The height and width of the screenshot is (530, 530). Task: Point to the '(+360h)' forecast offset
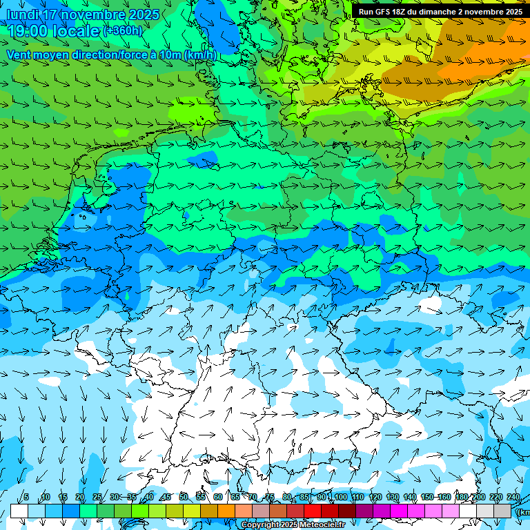coord(123,31)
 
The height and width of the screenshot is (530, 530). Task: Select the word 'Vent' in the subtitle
coord(21,55)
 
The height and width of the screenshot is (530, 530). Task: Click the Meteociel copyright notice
coord(293,525)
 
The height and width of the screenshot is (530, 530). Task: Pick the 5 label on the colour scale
coord(26,498)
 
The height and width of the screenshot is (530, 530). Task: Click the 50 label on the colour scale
coord(183,498)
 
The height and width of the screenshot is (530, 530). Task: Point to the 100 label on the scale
coord(340,498)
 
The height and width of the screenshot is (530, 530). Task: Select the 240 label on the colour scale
coord(513,498)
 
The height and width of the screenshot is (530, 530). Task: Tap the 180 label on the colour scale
coord(462,498)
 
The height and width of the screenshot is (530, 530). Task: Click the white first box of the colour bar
coord(19,511)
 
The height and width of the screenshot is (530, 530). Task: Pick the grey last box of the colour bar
coord(502,511)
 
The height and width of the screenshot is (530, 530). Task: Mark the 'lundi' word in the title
coord(22,14)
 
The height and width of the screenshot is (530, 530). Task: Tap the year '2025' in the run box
coord(512,12)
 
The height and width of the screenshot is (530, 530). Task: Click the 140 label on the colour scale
coord(410,498)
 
